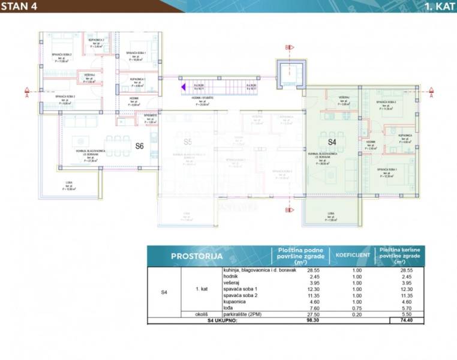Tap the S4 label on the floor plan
pyautogui.click(x=332, y=142)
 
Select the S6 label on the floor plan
pyautogui.click(x=139, y=146)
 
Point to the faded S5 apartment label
pyautogui.click(x=187, y=142)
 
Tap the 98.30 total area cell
pyautogui.click(x=293, y=321)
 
